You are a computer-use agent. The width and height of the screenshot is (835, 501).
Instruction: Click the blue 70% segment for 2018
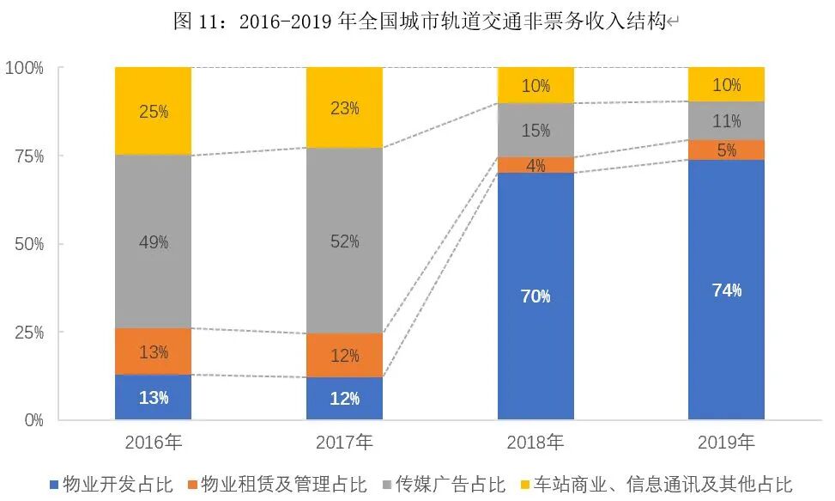pyautogui.click(x=535, y=296)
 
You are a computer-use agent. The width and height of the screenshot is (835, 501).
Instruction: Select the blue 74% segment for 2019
pyautogui.click(x=726, y=290)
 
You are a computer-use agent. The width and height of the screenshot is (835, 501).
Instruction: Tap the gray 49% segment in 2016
pyautogui.click(x=154, y=242)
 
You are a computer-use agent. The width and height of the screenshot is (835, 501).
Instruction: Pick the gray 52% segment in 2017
pyautogui.click(x=344, y=241)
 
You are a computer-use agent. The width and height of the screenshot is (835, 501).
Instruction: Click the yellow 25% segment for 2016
pyautogui.click(x=154, y=112)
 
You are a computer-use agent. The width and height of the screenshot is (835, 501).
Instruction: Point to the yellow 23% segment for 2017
pyautogui.click(x=344, y=108)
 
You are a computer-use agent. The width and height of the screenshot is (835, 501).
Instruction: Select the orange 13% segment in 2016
pyautogui.click(x=154, y=351)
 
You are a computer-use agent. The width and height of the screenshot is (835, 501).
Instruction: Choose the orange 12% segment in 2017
pyautogui.click(x=344, y=355)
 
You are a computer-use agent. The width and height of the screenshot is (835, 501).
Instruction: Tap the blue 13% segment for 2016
pyautogui.click(x=154, y=397)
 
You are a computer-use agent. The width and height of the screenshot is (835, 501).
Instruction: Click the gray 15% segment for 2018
pyautogui.click(x=535, y=131)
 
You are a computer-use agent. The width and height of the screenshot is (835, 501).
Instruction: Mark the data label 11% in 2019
pyautogui.click(x=726, y=120)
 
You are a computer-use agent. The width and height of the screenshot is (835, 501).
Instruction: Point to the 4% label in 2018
pyautogui.click(x=535, y=166)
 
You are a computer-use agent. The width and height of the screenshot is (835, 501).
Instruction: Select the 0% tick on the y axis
pyautogui.click(x=33, y=420)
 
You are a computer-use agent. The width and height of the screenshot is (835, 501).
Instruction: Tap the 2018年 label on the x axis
pyautogui.click(x=535, y=443)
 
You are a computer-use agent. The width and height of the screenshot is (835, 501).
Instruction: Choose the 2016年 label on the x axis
pyautogui.click(x=154, y=443)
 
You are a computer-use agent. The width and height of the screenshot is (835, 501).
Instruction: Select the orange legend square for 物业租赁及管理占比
pyautogui.click(x=191, y=485)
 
